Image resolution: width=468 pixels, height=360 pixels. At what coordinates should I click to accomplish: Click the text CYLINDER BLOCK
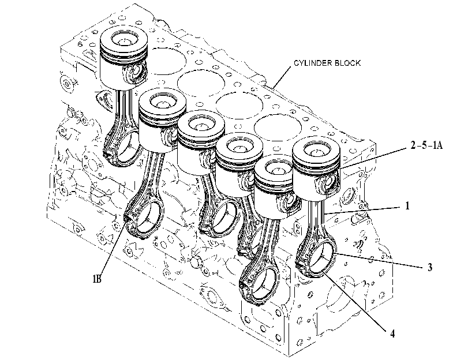click(327, 63)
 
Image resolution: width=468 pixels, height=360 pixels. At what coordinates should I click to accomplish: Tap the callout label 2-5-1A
click(426, 145)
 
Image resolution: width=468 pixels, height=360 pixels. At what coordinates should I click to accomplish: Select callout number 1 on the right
click(407, 205)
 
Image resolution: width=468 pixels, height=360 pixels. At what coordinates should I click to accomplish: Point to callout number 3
click(429, 267)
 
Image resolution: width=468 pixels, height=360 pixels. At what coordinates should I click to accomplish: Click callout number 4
click(392, 333)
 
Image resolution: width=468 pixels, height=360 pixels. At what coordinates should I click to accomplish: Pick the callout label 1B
click(97, 279)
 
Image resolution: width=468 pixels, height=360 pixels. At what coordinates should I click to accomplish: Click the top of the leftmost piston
click(123, 40)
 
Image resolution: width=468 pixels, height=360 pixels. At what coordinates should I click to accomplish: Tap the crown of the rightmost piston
click(316, 152)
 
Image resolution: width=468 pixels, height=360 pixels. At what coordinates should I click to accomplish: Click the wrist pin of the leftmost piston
click(136, 72)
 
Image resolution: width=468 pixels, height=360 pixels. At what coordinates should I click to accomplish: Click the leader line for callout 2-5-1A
click(374, 157)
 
